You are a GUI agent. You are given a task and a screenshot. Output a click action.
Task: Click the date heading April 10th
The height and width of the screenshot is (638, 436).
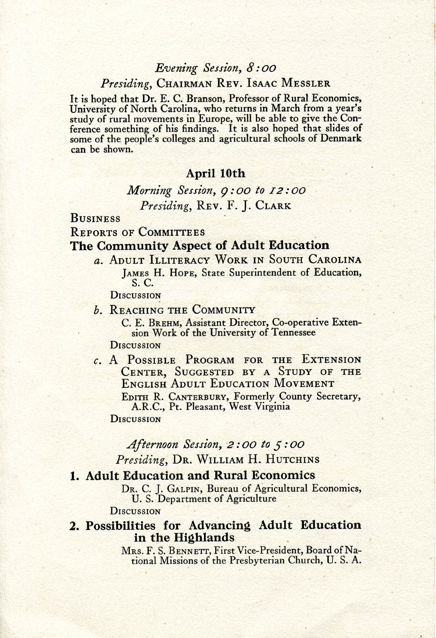tap(215, 173)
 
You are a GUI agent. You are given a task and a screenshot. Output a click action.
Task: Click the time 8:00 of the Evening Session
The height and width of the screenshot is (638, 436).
tap(261, 68)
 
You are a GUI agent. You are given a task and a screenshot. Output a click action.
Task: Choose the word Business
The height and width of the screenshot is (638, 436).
tap(95, 219)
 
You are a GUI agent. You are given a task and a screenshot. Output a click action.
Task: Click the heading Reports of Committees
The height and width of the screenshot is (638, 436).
tap(137, 232)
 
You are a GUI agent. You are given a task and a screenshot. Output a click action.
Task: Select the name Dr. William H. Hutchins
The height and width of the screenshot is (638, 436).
tap(246, 460)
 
